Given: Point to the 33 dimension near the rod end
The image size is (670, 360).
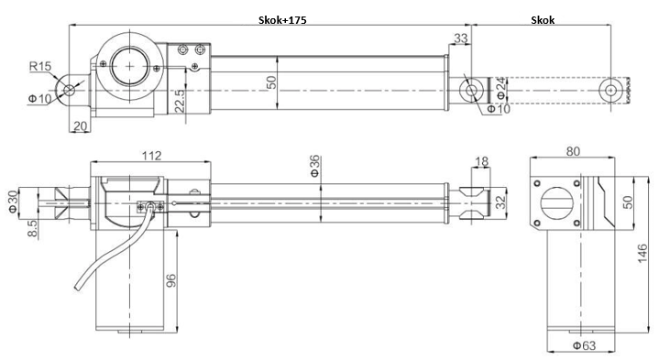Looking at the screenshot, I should tap(460, 38).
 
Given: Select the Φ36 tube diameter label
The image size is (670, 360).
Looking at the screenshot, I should tap(314, 167).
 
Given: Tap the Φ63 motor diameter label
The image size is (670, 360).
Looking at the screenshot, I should tap(580, 345).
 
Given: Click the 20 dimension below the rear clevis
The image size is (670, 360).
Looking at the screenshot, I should tap(79, 126).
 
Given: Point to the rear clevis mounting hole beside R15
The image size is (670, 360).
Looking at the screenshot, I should tap(69, 90).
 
